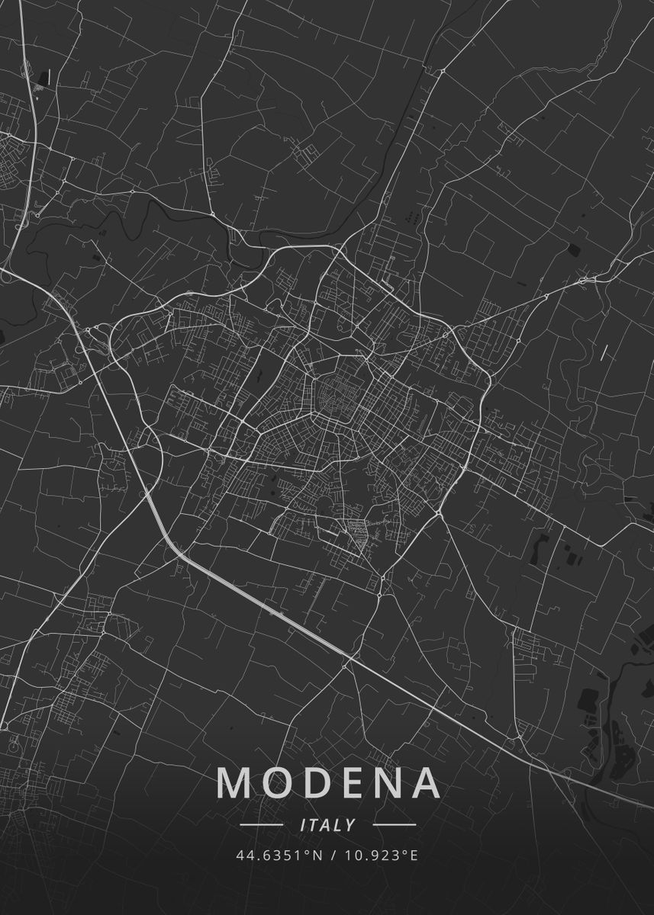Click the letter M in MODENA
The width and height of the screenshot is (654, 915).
[237, 782]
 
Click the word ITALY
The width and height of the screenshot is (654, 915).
[328, 825]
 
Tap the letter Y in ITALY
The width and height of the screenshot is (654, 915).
[350, 825]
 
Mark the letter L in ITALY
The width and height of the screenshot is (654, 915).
[339, 825]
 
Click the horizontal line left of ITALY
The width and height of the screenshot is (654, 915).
[262, 825]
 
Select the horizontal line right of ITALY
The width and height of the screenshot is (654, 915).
[395, 825]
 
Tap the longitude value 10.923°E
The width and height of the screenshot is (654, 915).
[379, 856]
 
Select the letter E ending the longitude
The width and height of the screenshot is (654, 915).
[414, 856]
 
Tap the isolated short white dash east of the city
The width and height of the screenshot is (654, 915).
[604, 352]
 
